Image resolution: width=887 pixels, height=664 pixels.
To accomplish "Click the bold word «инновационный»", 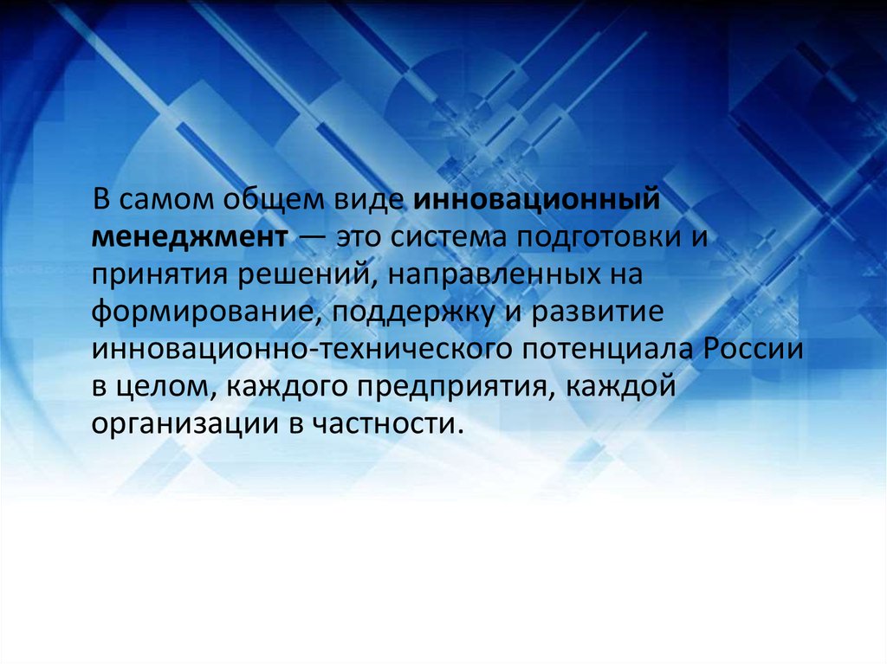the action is point(537,200).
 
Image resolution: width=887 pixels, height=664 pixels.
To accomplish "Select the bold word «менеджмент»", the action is point(190,237).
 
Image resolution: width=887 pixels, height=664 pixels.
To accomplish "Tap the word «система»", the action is point(448,237).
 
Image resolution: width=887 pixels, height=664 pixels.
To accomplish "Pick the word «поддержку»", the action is point(413,313).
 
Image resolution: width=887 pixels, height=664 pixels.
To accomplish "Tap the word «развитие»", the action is point(598,313).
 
